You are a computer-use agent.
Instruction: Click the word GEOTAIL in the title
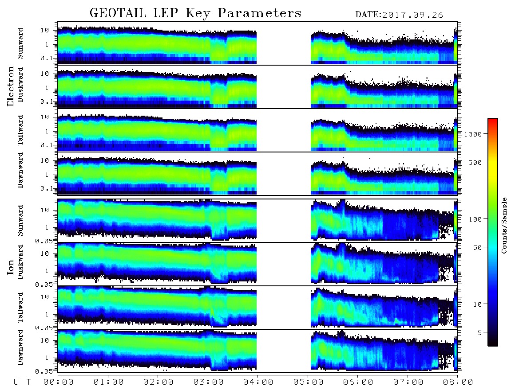click(118, 13)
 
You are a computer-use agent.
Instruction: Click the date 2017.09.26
click(412, 15)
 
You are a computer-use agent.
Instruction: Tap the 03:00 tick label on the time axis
click(209, 382)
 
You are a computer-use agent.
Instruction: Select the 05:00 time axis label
click(309, 382)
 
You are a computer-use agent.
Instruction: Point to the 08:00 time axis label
click(458, 382)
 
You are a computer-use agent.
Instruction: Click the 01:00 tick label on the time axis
click(109, 382)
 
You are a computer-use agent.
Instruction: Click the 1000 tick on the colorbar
click(473, 134)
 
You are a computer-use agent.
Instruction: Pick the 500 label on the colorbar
click(475, 162)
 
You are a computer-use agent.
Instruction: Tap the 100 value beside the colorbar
click(475, 219)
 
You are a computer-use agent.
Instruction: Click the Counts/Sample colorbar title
click(503, 225)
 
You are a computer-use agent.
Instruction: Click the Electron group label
click(11, 86)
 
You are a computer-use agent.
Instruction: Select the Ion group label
click(11, 267)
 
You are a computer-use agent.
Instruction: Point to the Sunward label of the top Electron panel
click(20, 43)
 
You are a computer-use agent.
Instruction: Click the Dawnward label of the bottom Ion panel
click(20, 347)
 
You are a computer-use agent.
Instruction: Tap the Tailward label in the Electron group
click(20, 130)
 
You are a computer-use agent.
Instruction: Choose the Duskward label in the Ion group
click(20, 262)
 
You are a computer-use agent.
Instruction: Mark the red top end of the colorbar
click(492, 120)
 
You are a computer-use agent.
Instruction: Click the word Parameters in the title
click(259, 13)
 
